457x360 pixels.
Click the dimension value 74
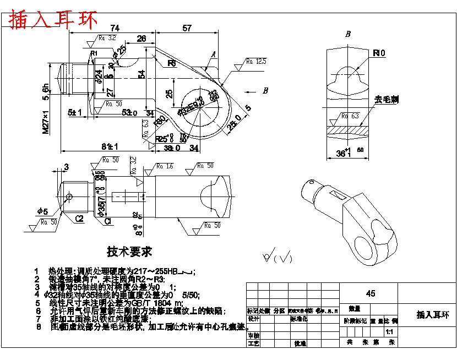tap(115, 28)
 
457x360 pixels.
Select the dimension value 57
tap(187, 28)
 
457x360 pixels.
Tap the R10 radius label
tap(379, 53)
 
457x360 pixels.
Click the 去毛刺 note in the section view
tap(387, 100)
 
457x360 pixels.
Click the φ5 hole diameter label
tap(42, 211)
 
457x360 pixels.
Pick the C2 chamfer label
tap(79, 219)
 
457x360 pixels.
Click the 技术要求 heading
tap(129, 252)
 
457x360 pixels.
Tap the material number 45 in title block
tap(371, 294)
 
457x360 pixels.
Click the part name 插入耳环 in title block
tap(433, 315)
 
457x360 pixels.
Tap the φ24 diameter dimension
tap(99, 78)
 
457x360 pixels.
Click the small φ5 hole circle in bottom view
tap(69, 197)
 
